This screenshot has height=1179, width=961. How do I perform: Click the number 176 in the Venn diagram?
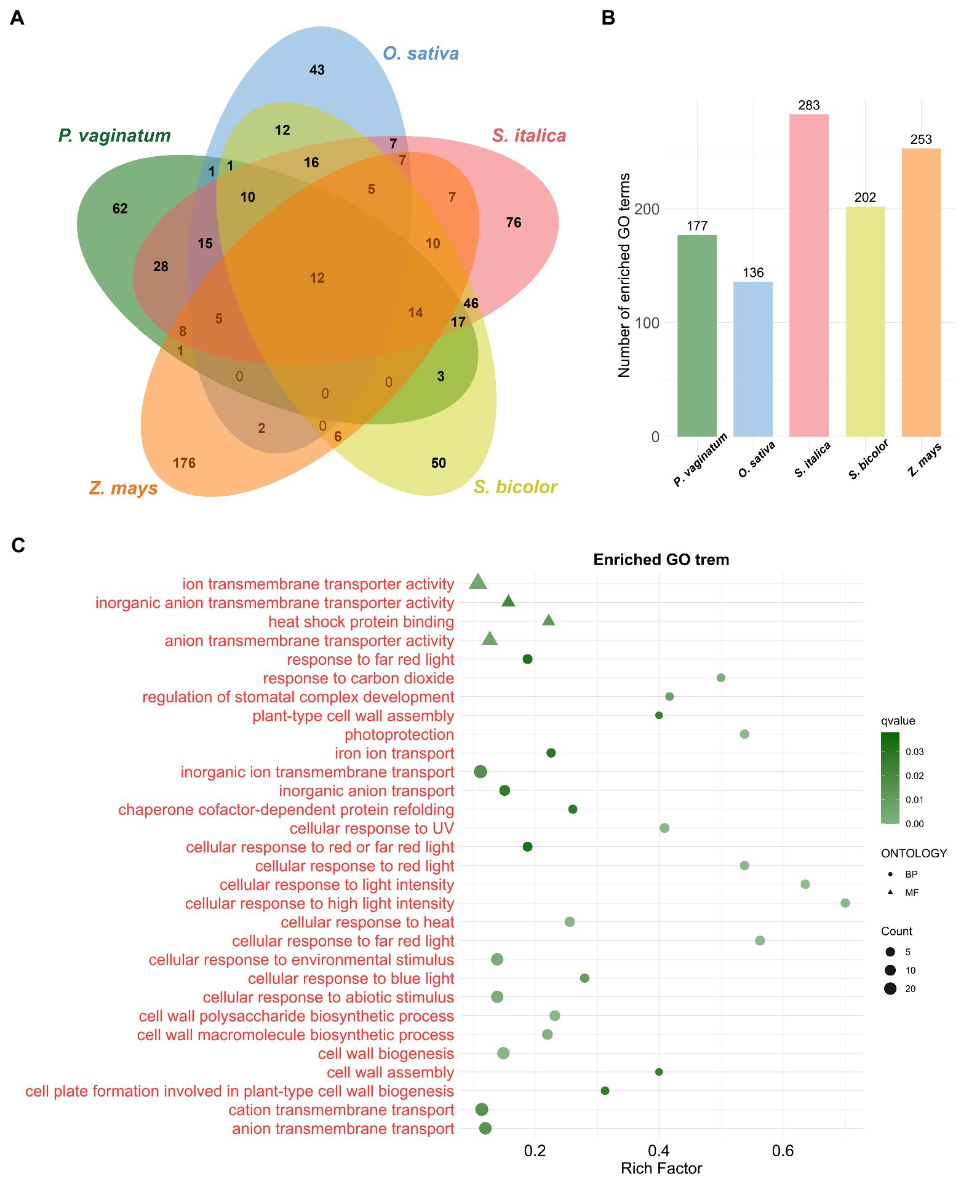[184, 462]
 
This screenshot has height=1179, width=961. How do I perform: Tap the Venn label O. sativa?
[421, 54]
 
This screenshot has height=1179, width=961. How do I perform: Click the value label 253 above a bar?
[921, 140]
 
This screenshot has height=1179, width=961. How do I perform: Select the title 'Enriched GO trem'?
[661, 560]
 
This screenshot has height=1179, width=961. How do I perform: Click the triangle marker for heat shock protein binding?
[549, 621]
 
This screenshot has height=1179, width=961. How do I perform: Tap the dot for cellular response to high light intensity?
[845, 903]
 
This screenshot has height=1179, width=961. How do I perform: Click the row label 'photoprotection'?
[399, 734]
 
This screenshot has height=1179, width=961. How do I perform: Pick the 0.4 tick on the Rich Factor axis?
[659, 1150]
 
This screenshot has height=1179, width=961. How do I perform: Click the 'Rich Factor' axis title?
[661, 1168]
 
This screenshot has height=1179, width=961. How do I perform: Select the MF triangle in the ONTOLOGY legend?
[890, 892]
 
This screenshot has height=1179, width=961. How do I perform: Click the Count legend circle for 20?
[890, 989]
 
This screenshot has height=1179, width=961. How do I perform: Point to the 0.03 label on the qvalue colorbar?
[914, 752]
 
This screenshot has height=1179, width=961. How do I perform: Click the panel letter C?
[18, 546]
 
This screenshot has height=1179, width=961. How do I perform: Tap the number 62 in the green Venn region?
[120, 208]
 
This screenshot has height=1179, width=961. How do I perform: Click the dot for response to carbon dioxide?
[721, 678]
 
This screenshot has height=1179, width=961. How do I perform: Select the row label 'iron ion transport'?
[394, 753]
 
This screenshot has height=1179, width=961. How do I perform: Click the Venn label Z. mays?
[124, 488]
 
